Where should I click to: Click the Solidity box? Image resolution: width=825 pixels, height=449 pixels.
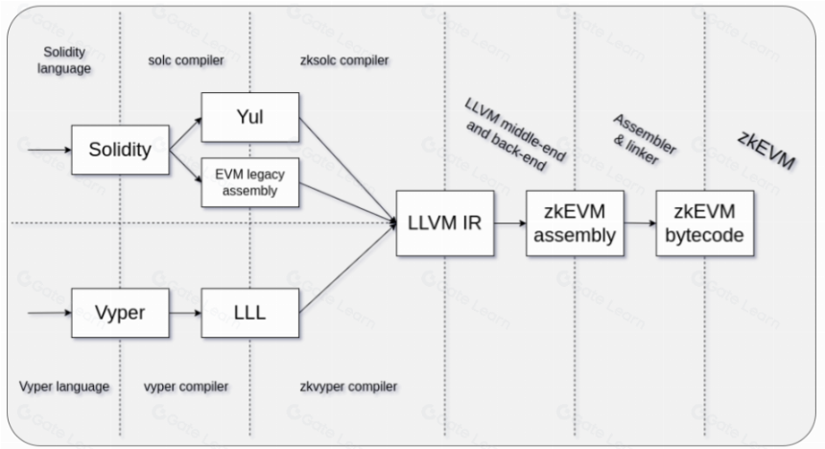(x=121, y=150)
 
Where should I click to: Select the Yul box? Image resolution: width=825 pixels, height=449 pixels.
(x=250, y=117)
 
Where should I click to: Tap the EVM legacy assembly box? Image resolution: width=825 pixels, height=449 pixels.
(x=250, y=182)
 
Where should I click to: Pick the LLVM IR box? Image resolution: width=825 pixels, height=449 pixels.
(x=445, y=224)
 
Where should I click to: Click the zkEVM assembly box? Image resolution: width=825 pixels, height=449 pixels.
(x=575, y=224)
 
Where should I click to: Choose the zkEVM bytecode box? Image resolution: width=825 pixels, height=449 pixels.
(x=705, y=224)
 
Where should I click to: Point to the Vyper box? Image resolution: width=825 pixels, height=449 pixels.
(x=121, y=313)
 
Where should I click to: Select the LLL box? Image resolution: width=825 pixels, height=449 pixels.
(x=250, y=313)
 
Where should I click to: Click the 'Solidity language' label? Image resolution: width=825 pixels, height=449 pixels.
(x=64, y=60)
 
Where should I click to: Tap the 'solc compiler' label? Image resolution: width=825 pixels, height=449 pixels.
(x=186, y=60)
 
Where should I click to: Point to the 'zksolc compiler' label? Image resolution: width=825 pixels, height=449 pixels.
(x=344, y=60)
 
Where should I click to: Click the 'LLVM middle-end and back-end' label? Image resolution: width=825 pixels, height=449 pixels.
(x=514, y=135)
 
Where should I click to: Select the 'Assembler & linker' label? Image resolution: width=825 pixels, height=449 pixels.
(x=644, y=139)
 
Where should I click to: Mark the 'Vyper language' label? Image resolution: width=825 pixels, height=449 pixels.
(x=64, y=387)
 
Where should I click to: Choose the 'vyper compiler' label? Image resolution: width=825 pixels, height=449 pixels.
(x=186, y=387)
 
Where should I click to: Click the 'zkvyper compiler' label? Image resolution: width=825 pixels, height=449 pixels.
(x=348, y=387)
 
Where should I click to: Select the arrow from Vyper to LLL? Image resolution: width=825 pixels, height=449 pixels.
(x=185, y=313)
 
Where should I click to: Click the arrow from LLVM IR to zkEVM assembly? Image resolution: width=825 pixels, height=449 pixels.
(x=509, y=224)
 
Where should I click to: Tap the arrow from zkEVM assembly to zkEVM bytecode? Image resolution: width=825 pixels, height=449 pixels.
(x=640, y=224)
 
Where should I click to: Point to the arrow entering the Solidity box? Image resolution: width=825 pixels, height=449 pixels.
(x=50, y=150)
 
